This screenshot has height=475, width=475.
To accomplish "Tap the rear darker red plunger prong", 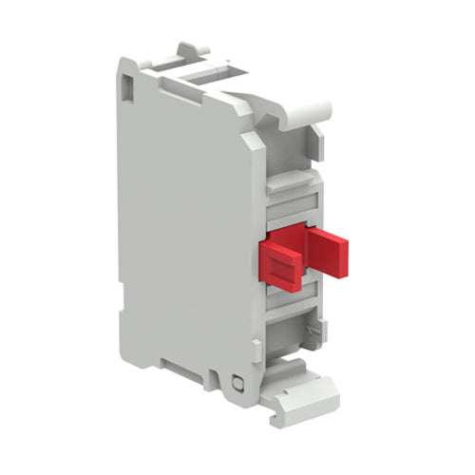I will tap(330, 251).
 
